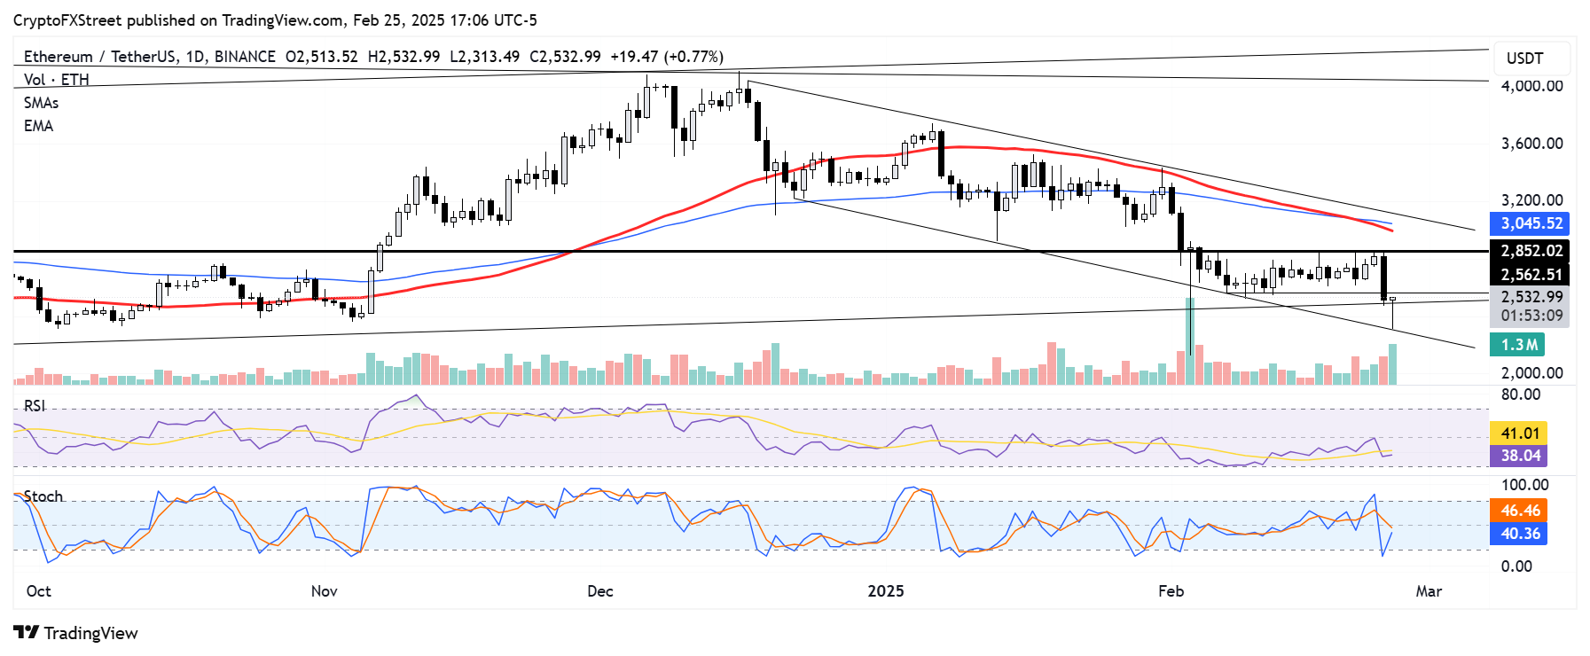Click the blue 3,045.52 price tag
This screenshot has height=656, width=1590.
coord(1531,223)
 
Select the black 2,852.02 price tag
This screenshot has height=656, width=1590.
coord(1531,251)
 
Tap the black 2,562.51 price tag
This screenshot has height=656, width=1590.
coord(1531,275)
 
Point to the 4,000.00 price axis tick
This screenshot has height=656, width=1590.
coord(1531,86)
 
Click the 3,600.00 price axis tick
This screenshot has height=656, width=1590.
coord(1531,143)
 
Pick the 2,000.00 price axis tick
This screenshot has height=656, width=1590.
coord(1531,373)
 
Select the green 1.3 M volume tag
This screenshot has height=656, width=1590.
coord(1519,345)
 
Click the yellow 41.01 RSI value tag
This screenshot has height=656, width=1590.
coord(1520,433)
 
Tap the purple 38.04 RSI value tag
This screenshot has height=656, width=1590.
coord(1520,456)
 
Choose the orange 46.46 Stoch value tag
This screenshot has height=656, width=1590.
coord(1520,511)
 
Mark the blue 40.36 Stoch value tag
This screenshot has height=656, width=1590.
coord(1520,534)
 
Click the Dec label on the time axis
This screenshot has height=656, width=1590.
coord(600,591)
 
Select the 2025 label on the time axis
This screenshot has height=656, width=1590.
coord(885,591)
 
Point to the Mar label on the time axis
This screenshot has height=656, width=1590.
coord(1429,591)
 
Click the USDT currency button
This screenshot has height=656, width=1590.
coord(1524,59)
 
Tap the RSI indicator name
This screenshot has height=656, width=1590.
coord(35,406)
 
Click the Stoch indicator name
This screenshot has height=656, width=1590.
coord(43,496)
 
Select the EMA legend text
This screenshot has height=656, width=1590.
coord(38,126)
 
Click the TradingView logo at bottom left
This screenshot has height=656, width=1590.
coord(76,633)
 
